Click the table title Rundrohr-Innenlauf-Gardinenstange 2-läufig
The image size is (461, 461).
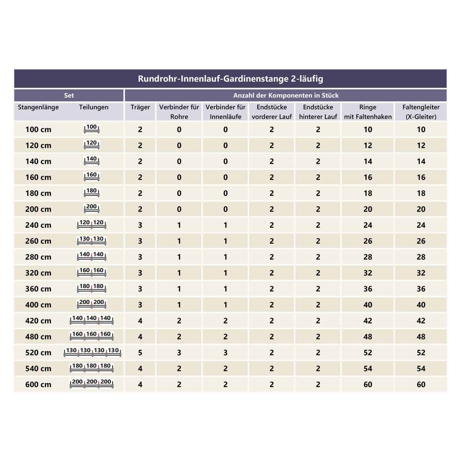pyautogui.click(x=230, y=79)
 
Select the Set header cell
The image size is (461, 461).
pyautogui.click(x=69, y=95)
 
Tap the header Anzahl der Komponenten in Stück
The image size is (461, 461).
pyautogui.click(x=286, y=95)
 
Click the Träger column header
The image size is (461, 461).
pyautogui.click(x=140, y=107)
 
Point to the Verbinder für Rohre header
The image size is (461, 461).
pyautogui.click(x=179, y=111)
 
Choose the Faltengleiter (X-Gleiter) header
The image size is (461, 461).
pyautogui.click(x=421, y=111)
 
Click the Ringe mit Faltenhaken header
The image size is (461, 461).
pyautogui.click(x=368, y=111)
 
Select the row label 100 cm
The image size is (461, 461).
pyautogui.click(x=38, y=129)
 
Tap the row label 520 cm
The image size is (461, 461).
pyautogui.click(x=38, y=353)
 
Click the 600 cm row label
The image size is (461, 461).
pyautogui.click(x=38, y=385)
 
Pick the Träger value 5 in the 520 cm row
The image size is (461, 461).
pyautogui.click(x=140, y=353)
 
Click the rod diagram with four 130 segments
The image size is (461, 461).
pyautogui.click(x=92, y=352)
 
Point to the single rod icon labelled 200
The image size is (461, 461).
pyautogui.click(x=91, y=209)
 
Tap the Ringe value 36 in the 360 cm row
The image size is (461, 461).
pyautogui.click(x=368, y=289)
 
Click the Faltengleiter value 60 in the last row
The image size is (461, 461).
pyautogui.click(x=421, y=385)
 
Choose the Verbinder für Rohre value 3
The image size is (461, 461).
pyautogui.click(x=179, y=353)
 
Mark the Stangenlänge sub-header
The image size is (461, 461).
pyautogui.click(x=38, y=107)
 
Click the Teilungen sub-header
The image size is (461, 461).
pyautogui.click(x=94, y=107)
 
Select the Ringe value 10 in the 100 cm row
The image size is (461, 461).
pyautogui.click(x=368, y=129)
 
